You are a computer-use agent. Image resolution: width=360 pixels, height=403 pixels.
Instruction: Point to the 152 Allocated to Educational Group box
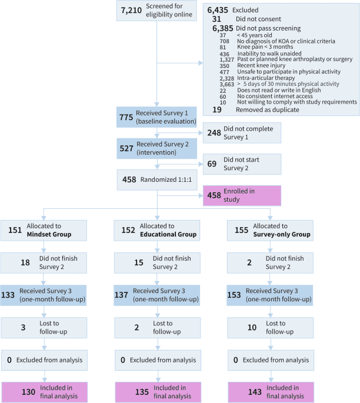157,230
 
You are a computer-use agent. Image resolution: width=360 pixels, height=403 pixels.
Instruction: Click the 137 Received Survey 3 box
157,295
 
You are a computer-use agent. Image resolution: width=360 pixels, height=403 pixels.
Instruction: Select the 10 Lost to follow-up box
270,328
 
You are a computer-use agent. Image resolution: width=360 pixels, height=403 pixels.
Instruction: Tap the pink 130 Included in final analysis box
44,392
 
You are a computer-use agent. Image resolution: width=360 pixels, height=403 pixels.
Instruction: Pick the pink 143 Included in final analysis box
270,392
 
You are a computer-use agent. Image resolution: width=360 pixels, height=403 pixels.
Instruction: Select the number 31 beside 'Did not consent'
217,18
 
